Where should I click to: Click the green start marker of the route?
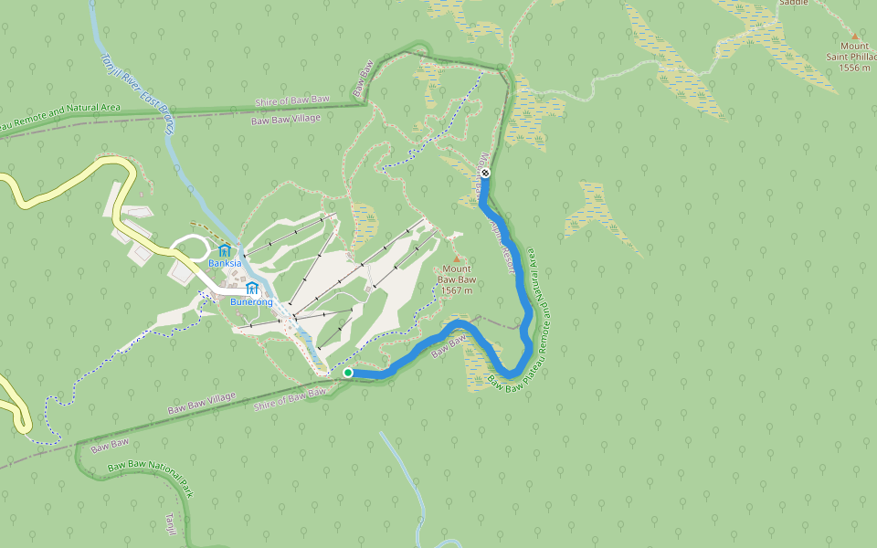click(348, 373)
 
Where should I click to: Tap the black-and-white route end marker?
click(485, 173)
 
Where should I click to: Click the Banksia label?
click(224, 263)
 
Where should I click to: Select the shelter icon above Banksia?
click(224, 250)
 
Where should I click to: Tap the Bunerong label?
click(252, 301)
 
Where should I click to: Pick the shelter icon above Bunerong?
click(252, 289)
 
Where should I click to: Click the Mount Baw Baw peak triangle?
click(457, 259)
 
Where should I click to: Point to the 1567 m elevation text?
click(456, 290)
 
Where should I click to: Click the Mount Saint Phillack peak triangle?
click(855, 36)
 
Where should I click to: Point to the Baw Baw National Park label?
click(151, 479)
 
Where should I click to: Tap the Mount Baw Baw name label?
click(457, 274)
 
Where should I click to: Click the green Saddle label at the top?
click(793, 3)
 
